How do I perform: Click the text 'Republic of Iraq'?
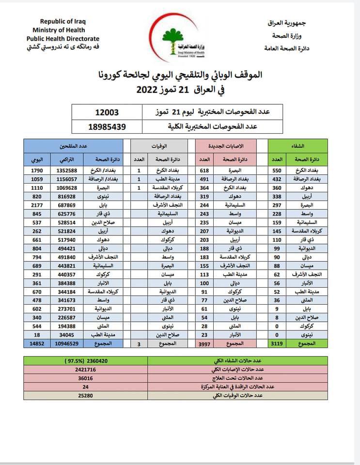62,21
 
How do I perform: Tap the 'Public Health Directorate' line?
63,39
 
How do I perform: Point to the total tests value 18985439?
107,126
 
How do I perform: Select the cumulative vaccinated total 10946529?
67,343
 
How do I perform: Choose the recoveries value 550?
277,171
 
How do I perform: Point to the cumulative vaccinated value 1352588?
67,171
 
